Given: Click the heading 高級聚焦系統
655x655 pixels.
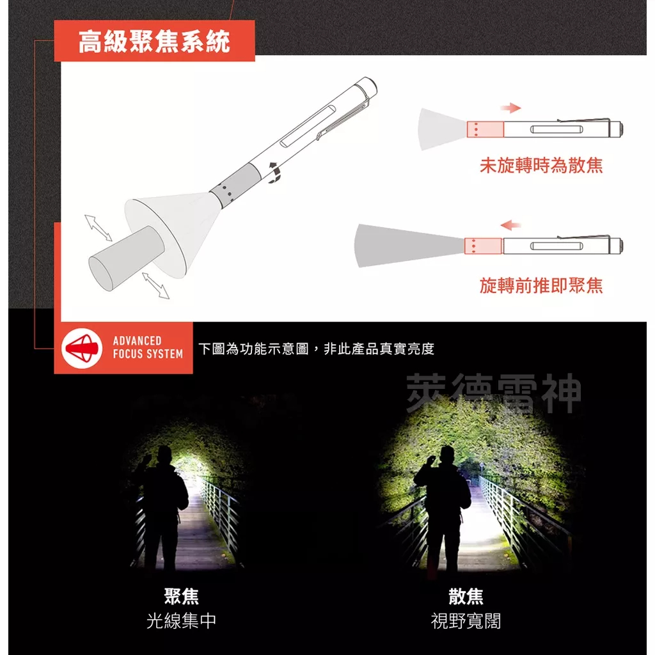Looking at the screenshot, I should point(154,42).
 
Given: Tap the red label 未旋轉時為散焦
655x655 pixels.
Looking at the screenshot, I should point(541,166).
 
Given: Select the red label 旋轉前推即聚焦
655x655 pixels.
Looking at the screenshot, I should point(541,285).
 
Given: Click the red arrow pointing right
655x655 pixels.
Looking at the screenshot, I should point(510,107).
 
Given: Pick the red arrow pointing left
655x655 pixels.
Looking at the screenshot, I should point(510,225).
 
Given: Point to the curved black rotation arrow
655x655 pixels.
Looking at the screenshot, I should point(276,173).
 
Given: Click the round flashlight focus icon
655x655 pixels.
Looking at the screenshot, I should point(82,347).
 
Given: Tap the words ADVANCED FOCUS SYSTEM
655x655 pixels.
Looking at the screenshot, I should point(148,347).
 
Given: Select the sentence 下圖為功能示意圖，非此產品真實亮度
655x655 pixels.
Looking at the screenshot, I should point(316,349).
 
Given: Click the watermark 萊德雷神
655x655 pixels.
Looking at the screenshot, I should point(494,393).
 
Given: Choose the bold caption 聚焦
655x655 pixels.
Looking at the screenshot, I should point(182,596).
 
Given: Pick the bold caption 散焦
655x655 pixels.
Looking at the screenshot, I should point(466,596).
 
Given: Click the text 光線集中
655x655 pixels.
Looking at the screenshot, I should point(182,620).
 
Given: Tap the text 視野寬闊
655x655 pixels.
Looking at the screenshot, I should point(466,620).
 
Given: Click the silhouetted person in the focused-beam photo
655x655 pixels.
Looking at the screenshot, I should point(162,505).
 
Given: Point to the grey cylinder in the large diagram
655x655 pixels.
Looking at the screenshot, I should point(122,256).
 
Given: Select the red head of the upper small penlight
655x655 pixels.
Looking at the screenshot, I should point(485,129).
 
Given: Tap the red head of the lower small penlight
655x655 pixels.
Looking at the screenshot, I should point(483,246).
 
